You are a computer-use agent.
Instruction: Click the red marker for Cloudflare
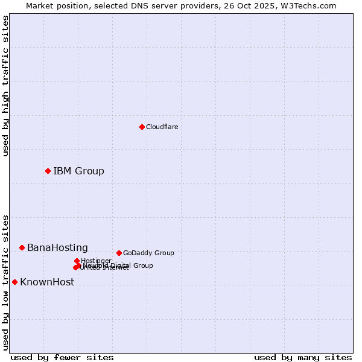point(142,127)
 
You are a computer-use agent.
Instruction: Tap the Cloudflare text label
point(162,127)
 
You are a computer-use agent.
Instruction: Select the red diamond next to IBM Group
point(48,171)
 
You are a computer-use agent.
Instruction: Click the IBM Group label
point(78,171)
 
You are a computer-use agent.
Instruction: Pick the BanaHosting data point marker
point(22,247)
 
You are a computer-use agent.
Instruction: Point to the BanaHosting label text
point(57,247)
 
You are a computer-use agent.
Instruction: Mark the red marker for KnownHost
point(14,282)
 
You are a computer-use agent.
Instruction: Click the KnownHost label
point(47,282)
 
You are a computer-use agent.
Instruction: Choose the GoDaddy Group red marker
point(119,253)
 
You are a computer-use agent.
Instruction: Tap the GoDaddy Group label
point(148,253)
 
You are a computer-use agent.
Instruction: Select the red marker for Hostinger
point(77,261)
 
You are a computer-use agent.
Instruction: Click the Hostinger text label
point(96,261)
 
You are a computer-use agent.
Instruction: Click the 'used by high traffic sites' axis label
point(6,86)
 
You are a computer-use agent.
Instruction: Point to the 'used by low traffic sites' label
point(6,282)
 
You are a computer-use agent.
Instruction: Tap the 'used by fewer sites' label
point(62,357)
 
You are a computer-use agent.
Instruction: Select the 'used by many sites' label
point(303,357)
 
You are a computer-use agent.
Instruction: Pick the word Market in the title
point(39,5)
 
